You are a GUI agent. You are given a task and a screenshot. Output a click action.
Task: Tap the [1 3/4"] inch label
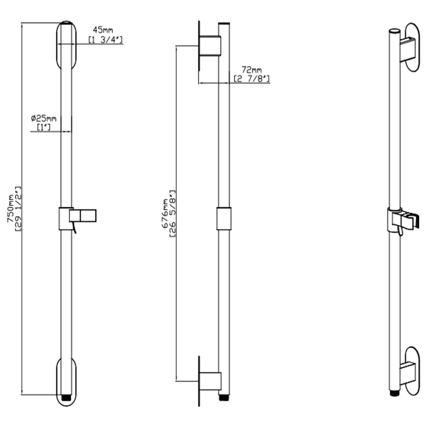click(106, 39)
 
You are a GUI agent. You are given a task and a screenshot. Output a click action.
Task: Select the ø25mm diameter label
click(43, 119)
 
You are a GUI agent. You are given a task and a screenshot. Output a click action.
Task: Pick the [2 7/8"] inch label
click(252, 78)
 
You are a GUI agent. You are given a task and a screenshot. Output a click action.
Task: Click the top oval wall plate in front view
click(66, 45)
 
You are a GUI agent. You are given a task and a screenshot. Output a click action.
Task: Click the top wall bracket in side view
click(209, 46)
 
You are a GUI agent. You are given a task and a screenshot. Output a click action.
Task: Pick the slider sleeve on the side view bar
click(224, 219)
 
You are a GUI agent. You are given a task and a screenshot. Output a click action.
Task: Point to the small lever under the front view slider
click(74, 228)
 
